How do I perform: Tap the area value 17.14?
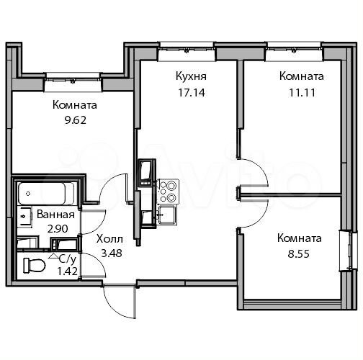[x=187, y=92]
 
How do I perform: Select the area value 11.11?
[x=301, y=92]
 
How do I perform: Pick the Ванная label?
[x=57, y=215]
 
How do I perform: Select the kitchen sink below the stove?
[x=166, y=213]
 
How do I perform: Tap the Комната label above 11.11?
[x=301, y=76]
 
